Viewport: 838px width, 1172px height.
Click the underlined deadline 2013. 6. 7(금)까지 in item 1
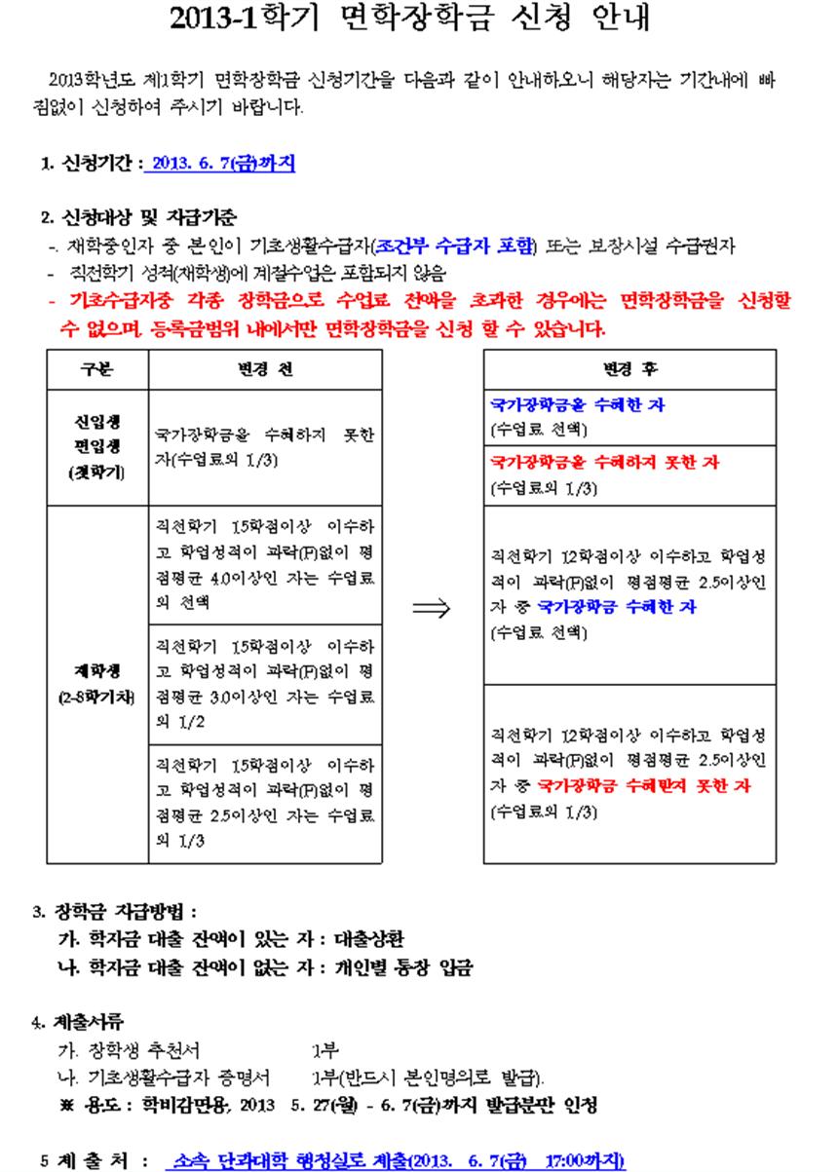tap(220, 165)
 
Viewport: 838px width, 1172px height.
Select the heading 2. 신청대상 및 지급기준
tap(138, 216)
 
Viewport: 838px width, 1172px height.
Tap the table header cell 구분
tap(97, 369)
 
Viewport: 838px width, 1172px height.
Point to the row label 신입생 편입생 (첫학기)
tap(97, 447)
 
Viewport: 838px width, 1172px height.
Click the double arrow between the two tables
tap(432, 608)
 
